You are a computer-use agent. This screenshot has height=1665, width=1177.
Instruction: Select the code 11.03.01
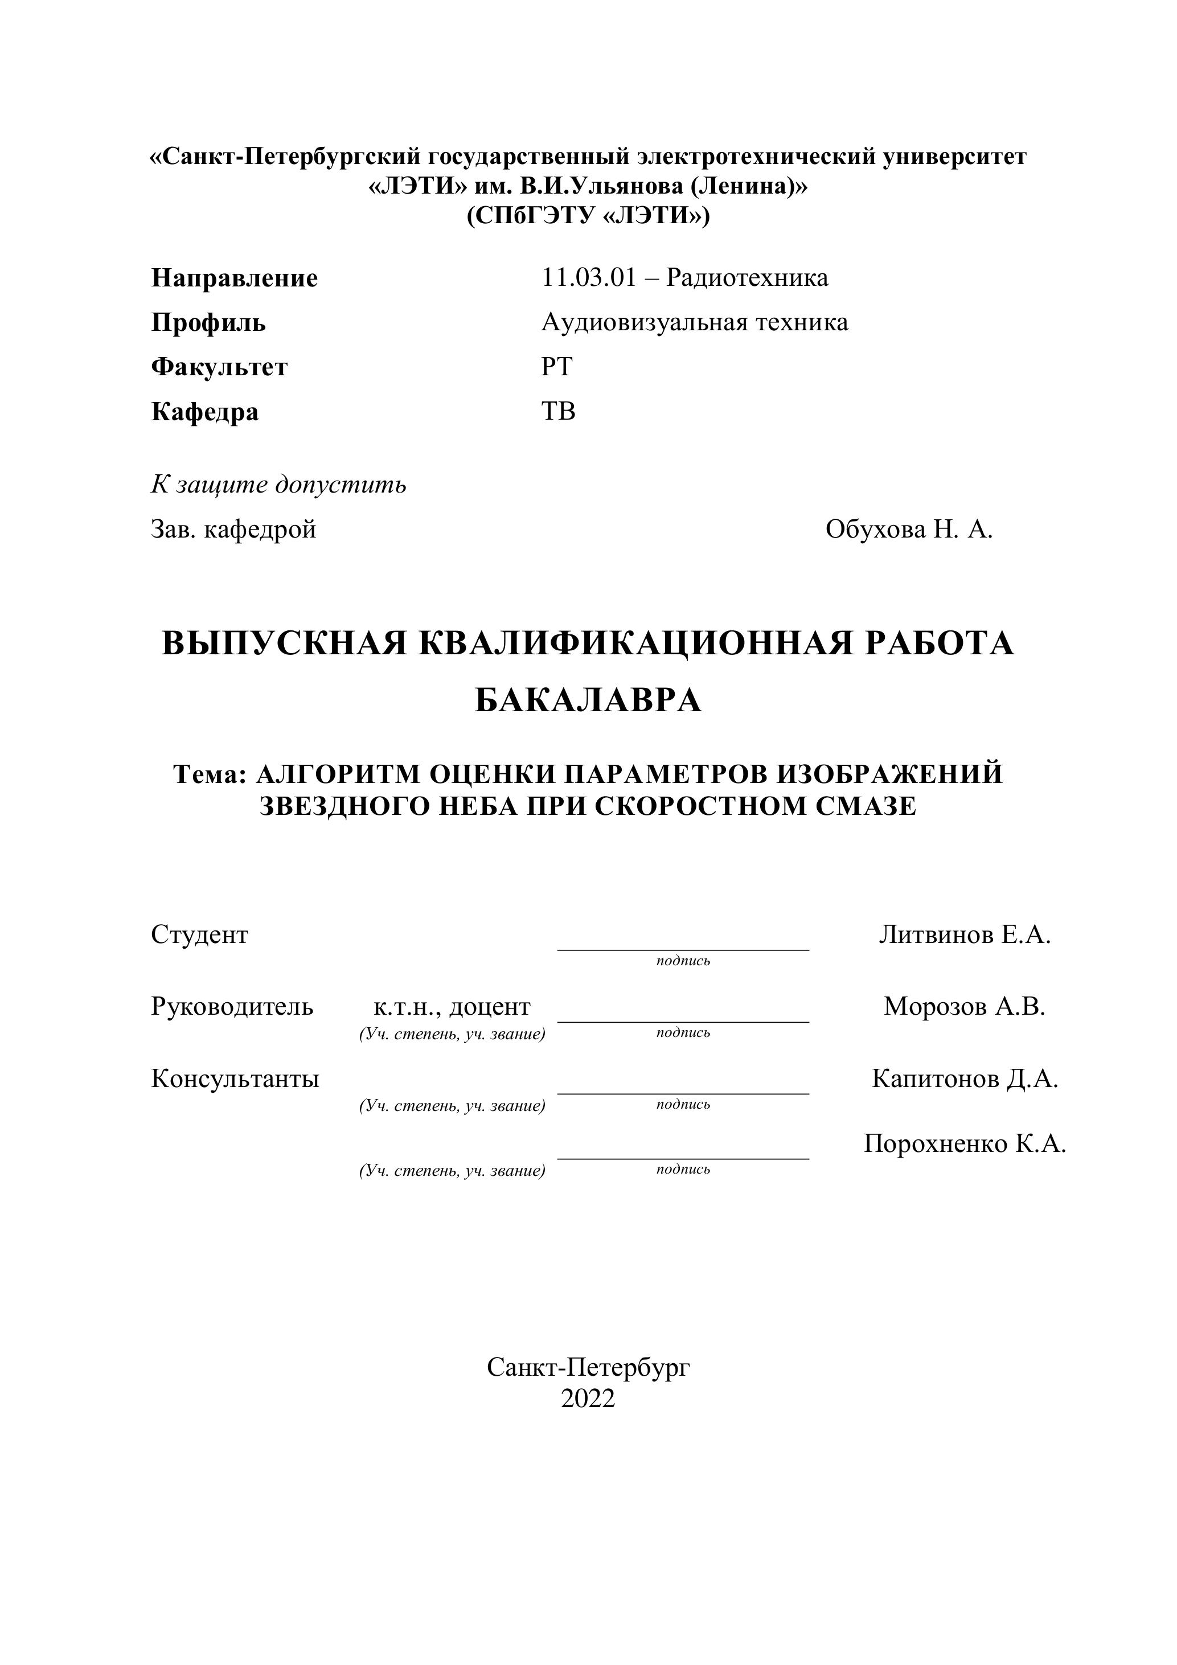pyautogui.click(x=588, y=278)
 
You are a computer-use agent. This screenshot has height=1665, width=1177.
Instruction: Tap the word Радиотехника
pyautogui.click(x=747, y=278)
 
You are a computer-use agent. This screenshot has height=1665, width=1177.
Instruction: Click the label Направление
pyautogui.click(x=234, y=278)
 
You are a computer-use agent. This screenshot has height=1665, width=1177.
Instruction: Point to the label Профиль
pyautogui.click(x=208, y=323)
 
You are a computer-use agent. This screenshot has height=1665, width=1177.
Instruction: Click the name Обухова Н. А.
pyautogui.click(x=909, y=530)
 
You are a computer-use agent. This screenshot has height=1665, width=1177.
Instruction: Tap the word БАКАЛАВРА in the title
pyautogui.click(x=588, y=700)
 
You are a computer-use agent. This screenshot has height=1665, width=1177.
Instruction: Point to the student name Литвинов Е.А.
pyautogui.click(x=965, y=935)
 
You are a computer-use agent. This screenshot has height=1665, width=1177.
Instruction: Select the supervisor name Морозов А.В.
pyautogui.click(x=965, y=1007)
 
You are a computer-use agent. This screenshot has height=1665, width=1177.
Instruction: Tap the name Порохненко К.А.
pyautogui.click(x=965, y=1143)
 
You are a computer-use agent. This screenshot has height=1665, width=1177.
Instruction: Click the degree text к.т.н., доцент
pyautogui.click(x=452, y=1007)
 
